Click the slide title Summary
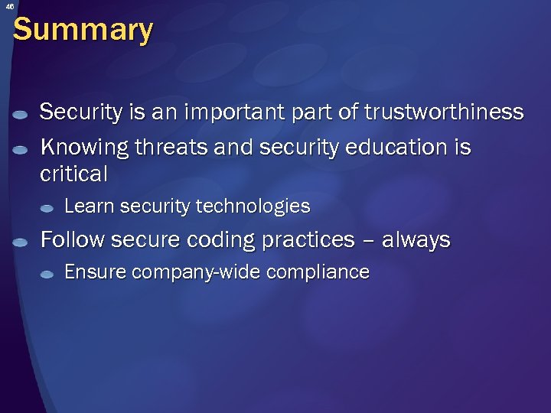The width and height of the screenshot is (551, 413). [83, 30]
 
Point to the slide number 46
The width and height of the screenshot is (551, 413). [9, 6]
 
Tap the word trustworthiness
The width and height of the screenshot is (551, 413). [444, 112]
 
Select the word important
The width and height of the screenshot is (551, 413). [209, 112]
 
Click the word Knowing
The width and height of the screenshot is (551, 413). [84, 146]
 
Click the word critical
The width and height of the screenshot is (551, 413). [73, 174]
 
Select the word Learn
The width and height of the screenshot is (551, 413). [86, 206]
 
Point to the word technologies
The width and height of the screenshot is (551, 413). [253, 206]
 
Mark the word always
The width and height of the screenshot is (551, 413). [416, 240]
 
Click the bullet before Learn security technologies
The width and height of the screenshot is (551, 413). [47, 208]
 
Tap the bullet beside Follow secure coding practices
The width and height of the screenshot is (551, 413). [21, 242]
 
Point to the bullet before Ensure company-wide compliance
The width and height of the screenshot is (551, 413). [47, 274]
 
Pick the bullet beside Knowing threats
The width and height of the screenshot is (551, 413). [21, 148]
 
